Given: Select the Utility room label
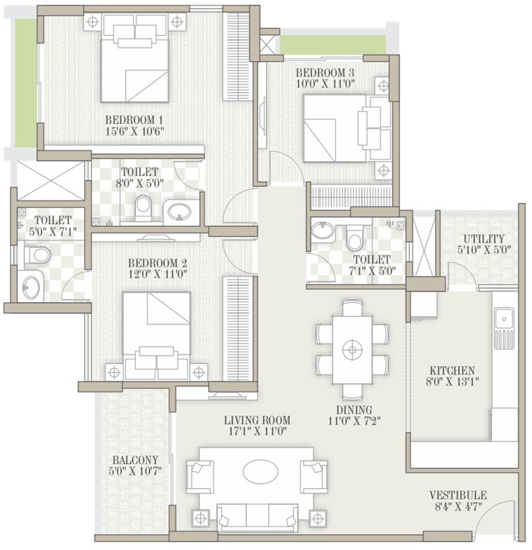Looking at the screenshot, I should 483,238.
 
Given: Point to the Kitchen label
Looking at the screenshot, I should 453,370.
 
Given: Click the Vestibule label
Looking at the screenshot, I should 458,495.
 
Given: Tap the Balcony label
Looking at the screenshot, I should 134,460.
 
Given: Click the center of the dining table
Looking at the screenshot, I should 352,350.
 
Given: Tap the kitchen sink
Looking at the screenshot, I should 503,317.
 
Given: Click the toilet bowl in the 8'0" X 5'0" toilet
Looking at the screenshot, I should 144,208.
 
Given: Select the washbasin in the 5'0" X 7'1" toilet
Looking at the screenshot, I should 31,288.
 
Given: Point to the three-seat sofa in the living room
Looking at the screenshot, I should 255,516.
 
